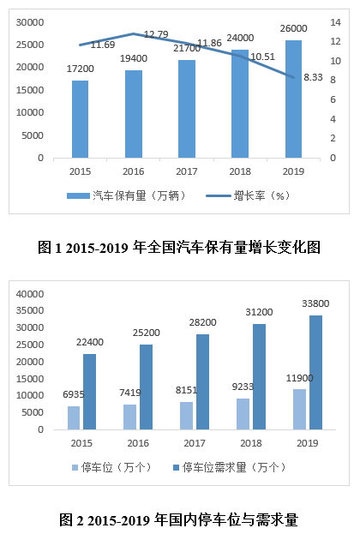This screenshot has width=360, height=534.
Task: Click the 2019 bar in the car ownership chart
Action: point(293,99)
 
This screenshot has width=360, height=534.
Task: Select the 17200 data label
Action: point(80,69)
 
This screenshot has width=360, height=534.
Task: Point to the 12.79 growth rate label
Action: point(156,34)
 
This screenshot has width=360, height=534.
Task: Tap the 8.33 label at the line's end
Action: point(313,77)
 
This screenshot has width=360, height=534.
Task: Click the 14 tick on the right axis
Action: point(335,22)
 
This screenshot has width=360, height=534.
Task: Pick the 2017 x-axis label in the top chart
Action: point(187,171)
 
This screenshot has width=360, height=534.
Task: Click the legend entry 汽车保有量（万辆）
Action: point(126,195)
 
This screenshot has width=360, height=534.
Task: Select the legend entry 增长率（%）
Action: point(248,195)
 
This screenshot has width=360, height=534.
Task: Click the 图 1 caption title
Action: point(179,247)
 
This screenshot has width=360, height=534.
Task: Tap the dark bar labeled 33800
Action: point(315,373)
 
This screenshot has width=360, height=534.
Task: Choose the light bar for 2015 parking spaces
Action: point(74,418)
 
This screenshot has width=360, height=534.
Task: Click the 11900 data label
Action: point(299,378)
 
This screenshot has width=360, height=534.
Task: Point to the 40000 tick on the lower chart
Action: point(30,294)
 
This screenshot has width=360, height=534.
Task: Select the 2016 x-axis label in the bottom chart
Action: point(138,443)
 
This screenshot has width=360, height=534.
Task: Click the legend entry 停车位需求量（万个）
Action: point(230,467)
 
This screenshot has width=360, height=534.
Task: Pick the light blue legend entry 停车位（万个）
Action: point(111,467)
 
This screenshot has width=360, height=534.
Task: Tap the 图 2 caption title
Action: point(179,519)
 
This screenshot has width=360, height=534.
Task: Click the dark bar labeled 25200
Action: point(146,387)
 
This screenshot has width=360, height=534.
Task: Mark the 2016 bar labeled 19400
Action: point(134,114)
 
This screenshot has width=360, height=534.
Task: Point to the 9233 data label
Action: point(243,387)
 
